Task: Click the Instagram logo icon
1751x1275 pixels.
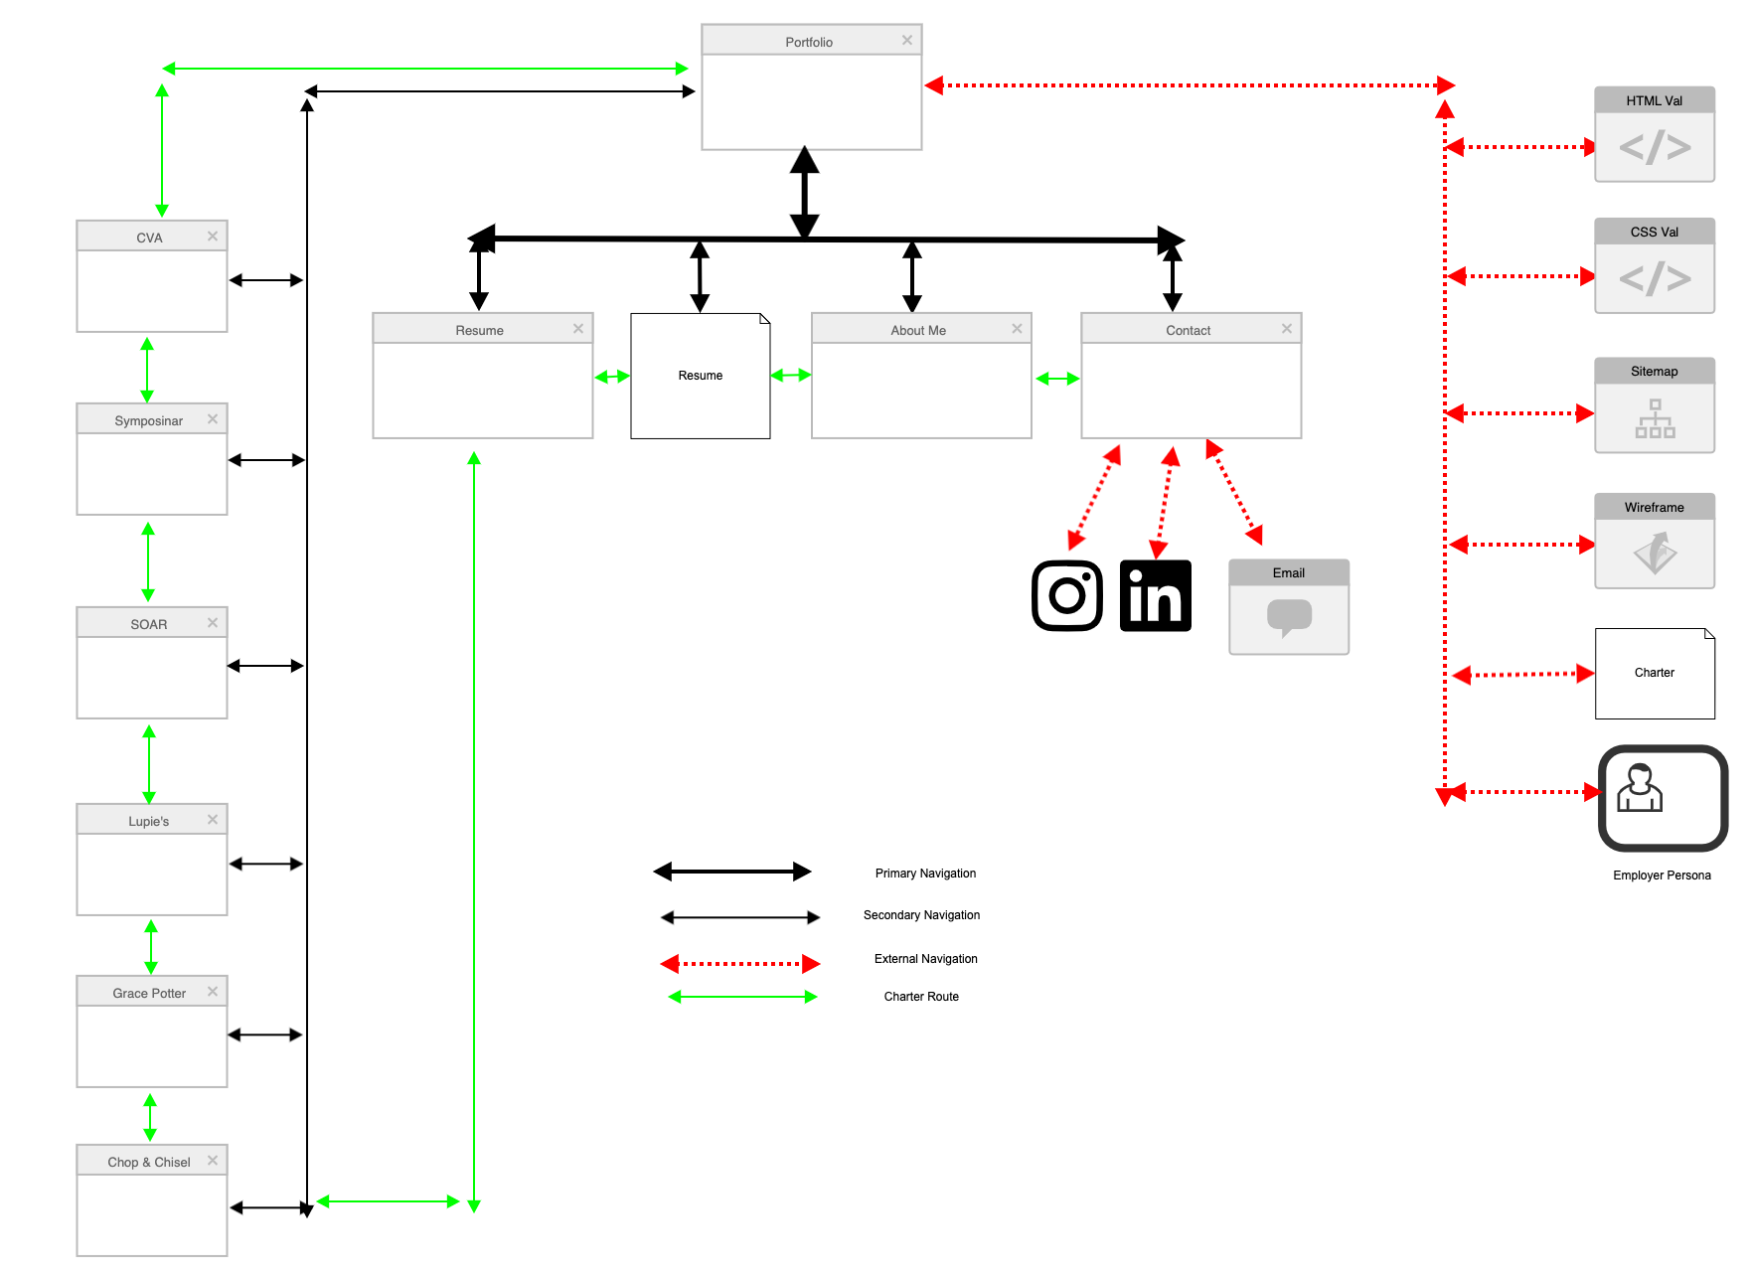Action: pos(1067,595)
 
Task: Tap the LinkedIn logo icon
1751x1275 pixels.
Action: pos(1155,595)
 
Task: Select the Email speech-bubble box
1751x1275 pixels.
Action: pos(1289,616)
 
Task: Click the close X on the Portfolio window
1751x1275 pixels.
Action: pos(907,40)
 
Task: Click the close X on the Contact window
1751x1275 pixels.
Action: pos(1287,328)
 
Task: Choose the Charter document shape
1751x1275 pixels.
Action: pos(1655,673)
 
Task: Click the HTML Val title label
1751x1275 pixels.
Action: pos(1655,100)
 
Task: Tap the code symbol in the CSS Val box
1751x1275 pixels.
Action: pos(1655,279)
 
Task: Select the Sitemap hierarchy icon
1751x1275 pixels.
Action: pos(1655,418)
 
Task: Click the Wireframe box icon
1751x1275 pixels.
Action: pos(1655,553)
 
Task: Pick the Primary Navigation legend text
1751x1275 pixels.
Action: pos(925,874)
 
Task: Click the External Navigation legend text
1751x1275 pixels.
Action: pos(925,959)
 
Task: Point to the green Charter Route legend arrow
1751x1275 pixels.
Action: pos(742,997)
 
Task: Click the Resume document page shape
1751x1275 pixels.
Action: pos(701,376)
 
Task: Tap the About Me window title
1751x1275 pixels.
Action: pos(918,330)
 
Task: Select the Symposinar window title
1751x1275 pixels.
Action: pos(149,420)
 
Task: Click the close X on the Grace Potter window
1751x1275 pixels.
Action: pos(213,991)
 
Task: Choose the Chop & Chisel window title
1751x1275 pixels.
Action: pos(149,1162)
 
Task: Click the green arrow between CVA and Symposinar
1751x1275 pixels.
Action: pos(147,369)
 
